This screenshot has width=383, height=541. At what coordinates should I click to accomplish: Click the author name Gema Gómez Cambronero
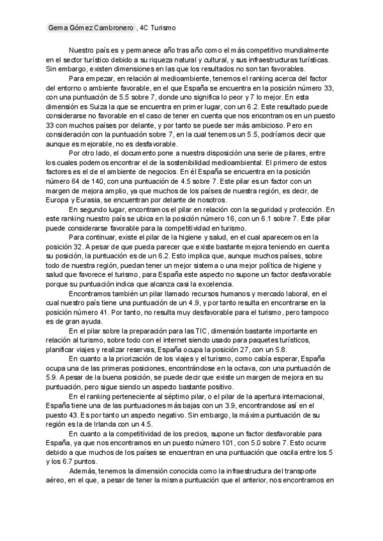(91, 29)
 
